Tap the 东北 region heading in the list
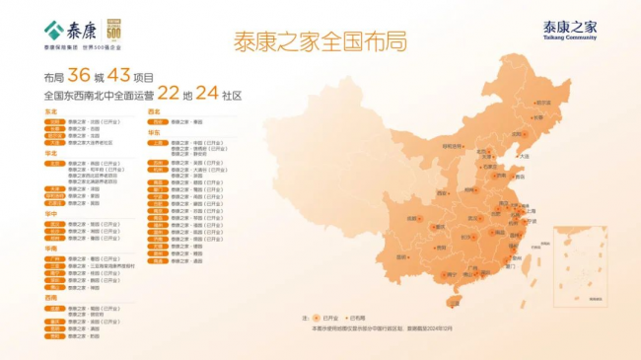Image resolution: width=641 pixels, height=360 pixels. pyautogui.click(x=50, y=112)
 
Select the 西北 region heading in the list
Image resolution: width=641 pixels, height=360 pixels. pyautogui.click(x=153, y=112)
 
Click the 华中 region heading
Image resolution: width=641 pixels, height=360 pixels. pyautogui.click(x=50, y=214)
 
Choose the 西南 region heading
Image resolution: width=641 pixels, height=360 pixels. pyautogui.click(x=50, y=296)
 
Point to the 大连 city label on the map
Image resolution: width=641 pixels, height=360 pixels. pyautogui.click(x=524, y=156)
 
